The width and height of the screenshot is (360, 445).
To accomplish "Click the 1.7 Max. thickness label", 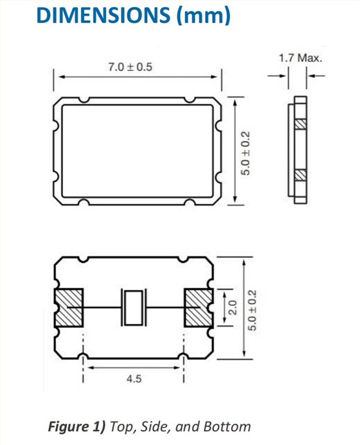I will click(x=300, y=59).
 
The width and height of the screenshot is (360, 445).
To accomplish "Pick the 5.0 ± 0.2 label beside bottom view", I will click(x=251, y=309).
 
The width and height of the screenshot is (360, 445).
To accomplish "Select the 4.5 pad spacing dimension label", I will click(x=134, y=379).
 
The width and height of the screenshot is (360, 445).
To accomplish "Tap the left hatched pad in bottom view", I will click(x=69, y=307).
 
